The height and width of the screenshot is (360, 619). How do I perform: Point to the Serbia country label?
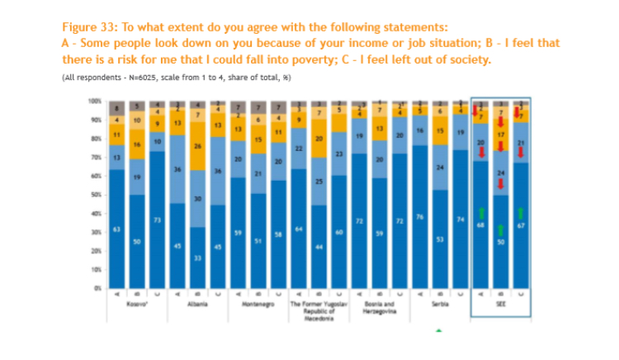point(439,305)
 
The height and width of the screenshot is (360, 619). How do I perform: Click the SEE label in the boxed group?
point(501,305)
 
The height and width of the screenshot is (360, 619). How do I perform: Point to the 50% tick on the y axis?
point(95,195)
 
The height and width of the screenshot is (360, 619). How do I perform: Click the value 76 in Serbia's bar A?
point(419,217)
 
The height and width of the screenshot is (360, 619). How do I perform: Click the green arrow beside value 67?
point(522,213)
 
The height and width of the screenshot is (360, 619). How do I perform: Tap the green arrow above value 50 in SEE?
point(501,229)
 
